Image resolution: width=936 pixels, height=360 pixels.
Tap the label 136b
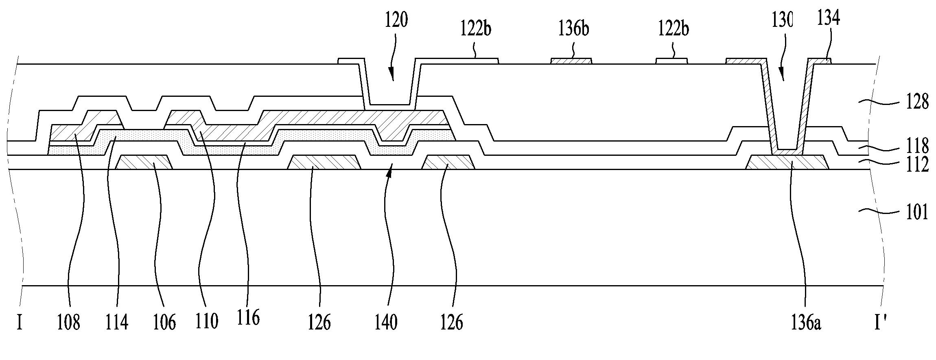573,29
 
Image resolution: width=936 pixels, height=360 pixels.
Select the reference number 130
782,20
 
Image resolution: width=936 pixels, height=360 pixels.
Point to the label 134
828,18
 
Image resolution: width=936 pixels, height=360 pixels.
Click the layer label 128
916,102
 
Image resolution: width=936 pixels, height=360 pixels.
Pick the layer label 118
916,146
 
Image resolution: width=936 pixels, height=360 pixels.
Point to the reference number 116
249,317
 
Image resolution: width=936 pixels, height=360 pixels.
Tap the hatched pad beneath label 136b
571,61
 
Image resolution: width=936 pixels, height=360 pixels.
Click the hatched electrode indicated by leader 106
144,162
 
